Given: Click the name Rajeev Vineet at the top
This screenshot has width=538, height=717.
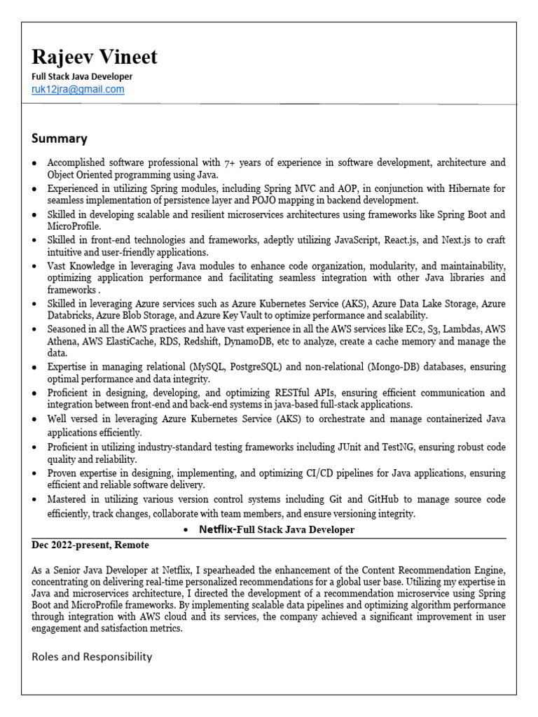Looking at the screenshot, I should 95,57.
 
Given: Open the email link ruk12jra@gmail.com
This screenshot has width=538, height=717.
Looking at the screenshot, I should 78,90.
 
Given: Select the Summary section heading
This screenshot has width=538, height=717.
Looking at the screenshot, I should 59,138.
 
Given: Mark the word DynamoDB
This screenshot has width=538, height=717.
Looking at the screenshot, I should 255,342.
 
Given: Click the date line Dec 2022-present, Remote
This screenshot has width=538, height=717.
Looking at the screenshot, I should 90,545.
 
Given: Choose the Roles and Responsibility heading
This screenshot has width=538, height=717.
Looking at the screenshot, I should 92,657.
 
